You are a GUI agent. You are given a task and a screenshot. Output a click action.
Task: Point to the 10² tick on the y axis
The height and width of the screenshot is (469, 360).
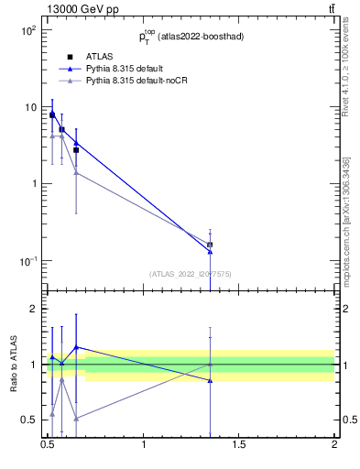[x=27, y=30]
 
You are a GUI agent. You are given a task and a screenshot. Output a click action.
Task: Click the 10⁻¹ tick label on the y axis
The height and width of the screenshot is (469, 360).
[x=27, y=261]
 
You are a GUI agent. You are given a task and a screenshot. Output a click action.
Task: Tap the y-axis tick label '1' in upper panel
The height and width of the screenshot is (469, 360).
[x=33, y=184]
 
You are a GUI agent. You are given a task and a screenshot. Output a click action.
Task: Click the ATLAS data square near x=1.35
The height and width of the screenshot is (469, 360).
[x=211, y=245]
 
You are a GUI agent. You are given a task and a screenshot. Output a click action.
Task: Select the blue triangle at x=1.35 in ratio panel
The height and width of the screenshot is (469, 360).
[x=211, y=380]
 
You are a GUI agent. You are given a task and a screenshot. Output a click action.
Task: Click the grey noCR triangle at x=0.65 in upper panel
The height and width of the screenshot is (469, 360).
[x=76, y=172]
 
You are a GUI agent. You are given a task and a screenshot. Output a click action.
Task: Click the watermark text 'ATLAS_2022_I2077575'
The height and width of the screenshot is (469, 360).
[x=191, y=273]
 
